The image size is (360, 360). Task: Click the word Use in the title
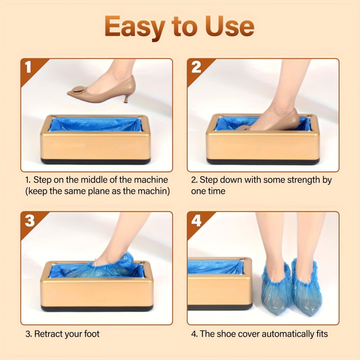(x=233, y=27)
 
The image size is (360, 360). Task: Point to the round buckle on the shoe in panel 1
(x=78, y=89)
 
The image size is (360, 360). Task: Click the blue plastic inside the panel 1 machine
(x=95, y=125)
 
